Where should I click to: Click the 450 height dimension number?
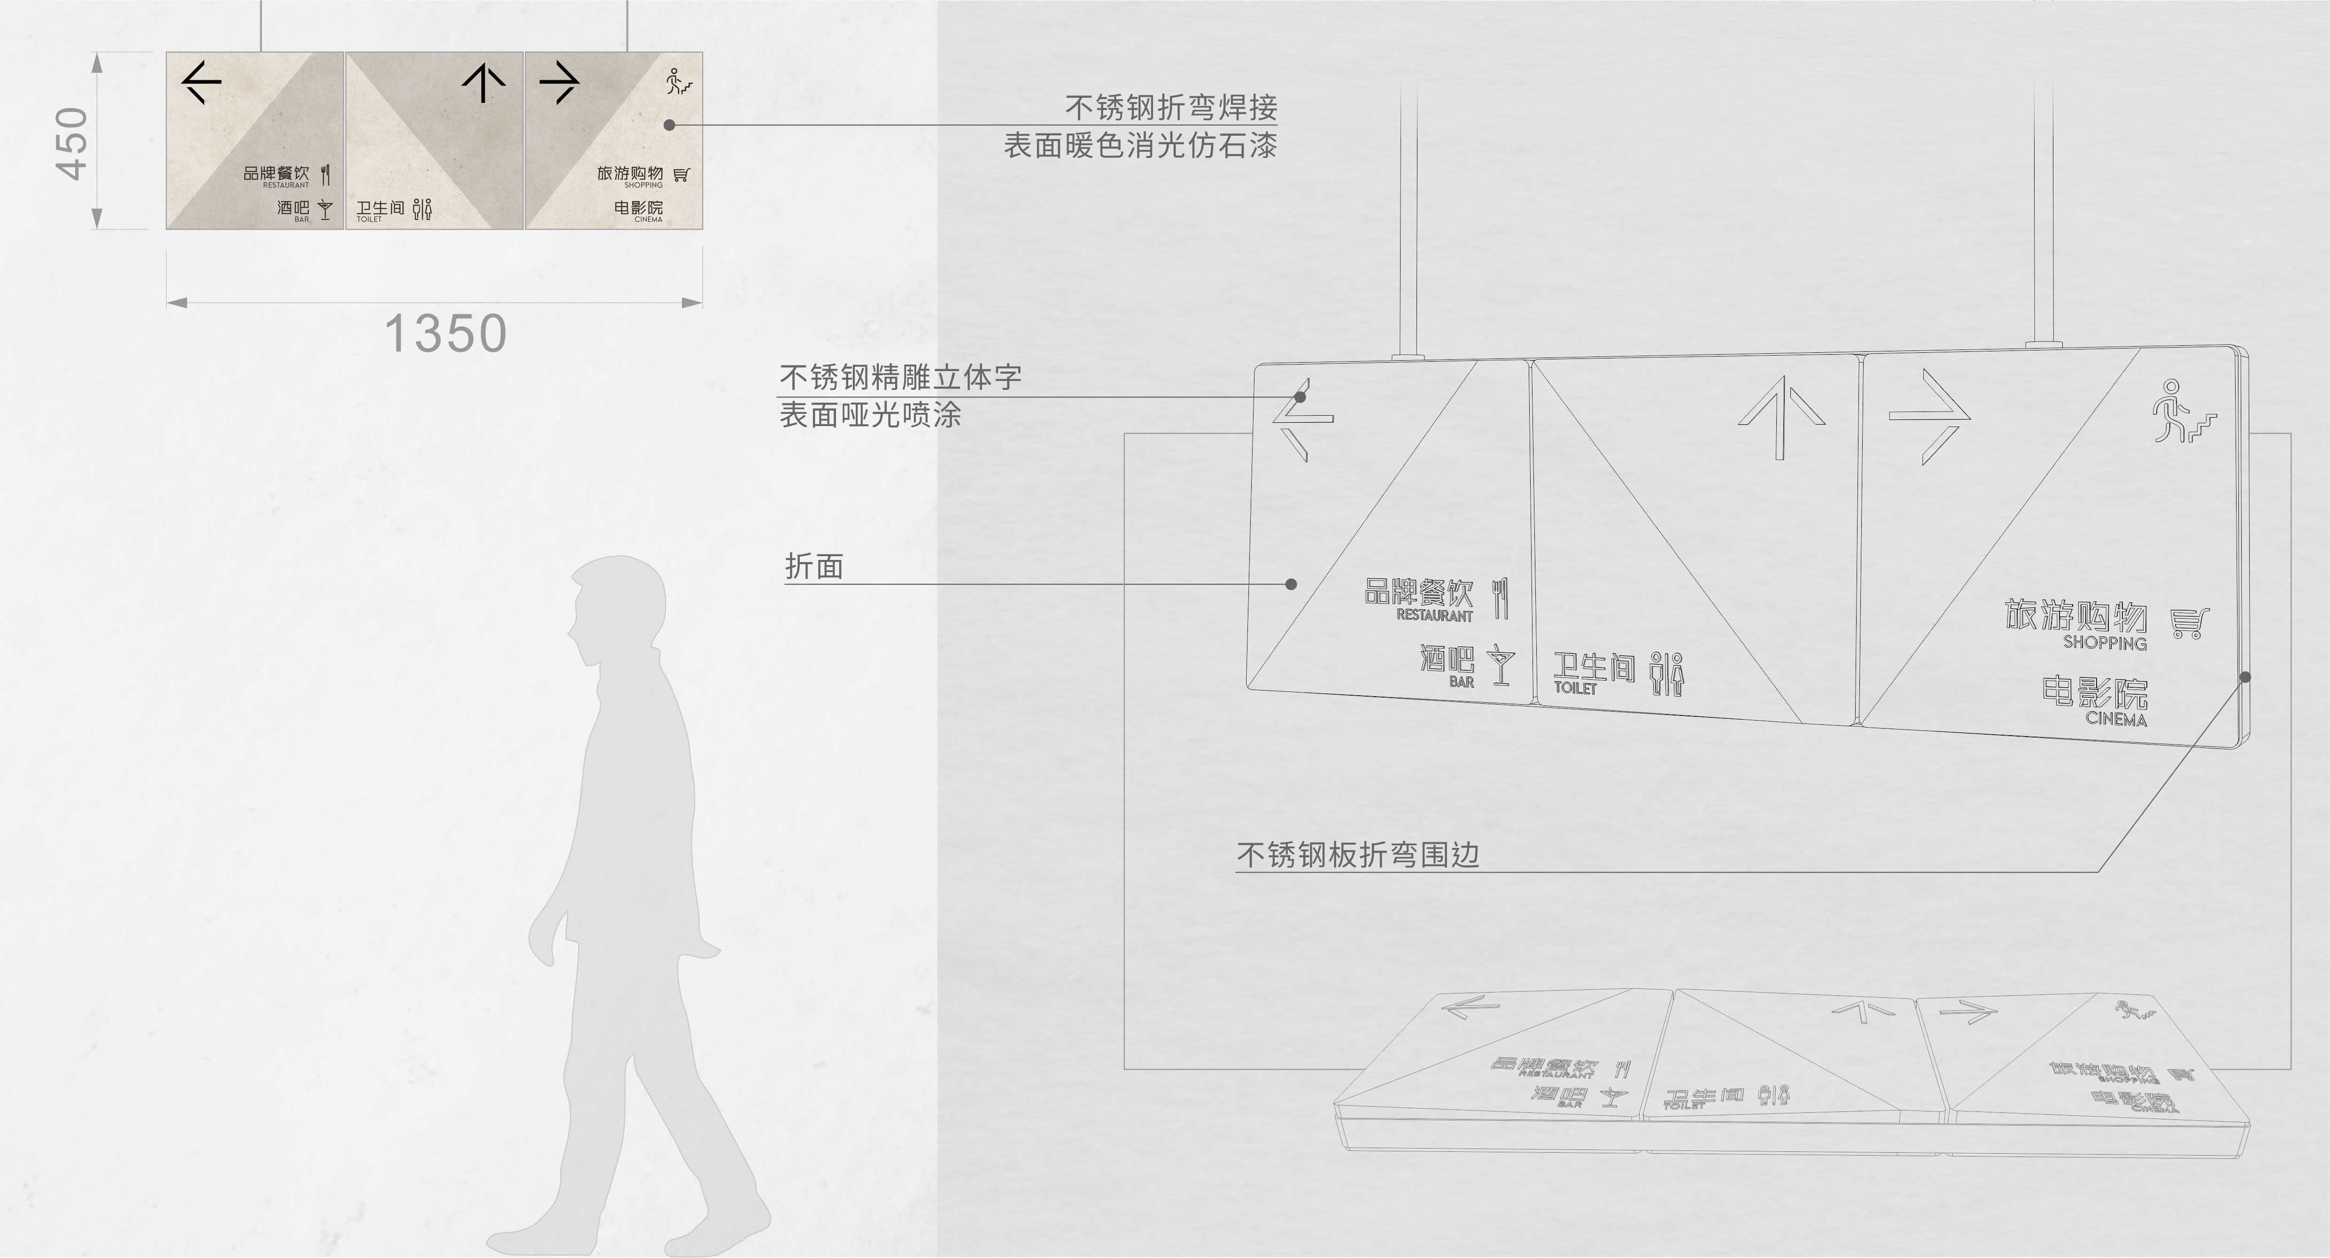click(72, 143)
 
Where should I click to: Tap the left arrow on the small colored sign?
click(201, 82)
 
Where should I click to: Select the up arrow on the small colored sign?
click(484, 82)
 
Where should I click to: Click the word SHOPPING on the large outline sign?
click(2105, 643)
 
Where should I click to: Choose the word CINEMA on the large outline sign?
click(2116, 719)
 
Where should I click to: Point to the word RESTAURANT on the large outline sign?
click(1434, 615)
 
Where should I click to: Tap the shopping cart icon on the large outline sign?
click(2190, 623)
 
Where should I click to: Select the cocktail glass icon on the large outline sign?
click(1502, 665)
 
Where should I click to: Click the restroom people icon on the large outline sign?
click(1667, 674)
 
